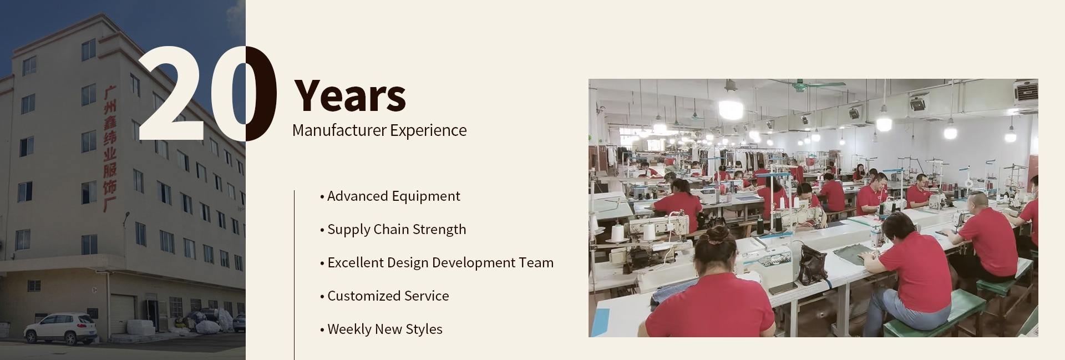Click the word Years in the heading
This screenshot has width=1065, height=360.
click(x=349, y=95)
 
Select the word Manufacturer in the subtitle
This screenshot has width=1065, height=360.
click(x=339, y=130)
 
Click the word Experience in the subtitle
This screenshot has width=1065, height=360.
click(x=428, y=131)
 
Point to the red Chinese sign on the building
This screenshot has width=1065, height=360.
click(x=110, y=149)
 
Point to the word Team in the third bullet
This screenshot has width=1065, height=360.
click(x=536, y=262)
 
